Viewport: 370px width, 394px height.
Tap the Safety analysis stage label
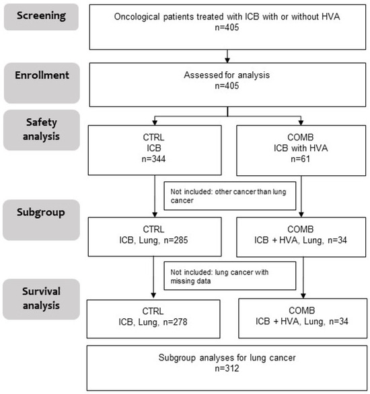[x=42, y=130]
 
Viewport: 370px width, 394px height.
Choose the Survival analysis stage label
[x=41, y=299]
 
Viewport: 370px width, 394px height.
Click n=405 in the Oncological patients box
[x=227, y=28]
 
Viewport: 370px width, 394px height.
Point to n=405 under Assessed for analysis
[x=227, y=86]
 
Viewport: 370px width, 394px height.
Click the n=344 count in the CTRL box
[x=153, y=159]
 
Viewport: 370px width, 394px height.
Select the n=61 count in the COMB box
[x=301, y=159]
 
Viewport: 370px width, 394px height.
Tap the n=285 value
[x=176, y=240]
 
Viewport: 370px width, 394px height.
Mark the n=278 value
[x=175, y=322]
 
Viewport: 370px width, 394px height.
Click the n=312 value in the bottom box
[x=227, y=368]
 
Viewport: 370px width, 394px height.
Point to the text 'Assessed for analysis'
[x=227, y=75]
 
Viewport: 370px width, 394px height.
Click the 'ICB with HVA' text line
[x=301, y=148]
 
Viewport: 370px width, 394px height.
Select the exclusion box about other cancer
[x=230, y=196]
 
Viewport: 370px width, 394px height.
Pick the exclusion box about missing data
[x=230, y=276]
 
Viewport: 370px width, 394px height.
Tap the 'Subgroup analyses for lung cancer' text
[x=227, y=358]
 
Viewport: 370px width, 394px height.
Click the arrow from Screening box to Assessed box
[x=227, y=56]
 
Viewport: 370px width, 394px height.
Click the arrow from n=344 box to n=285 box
[x=155, y=196]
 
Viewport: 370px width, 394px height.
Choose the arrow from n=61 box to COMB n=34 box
[x=301, y=196]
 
